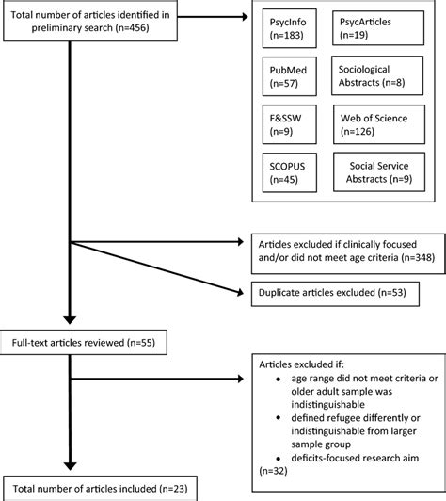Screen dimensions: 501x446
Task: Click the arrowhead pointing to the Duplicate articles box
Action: click(x=246, y=291)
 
